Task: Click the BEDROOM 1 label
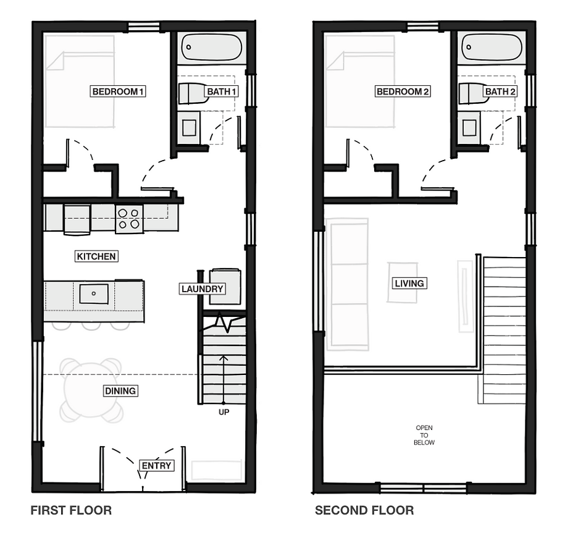[x=118, y=92]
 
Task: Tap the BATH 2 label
[x=500, y=92]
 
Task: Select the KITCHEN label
[x=97, y=256]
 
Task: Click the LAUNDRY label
[x=202, y=289]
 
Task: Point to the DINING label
[x=120, y=391]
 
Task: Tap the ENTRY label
[x=156, y=466]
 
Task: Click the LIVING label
[x=409, y=284]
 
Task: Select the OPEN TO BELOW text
[x=425, y=435]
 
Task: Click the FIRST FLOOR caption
[x=71, y=510]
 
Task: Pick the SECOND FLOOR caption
[x=364, y=510]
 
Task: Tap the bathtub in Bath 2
[x=493, y=48]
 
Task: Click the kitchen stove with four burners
[x=129, y=219]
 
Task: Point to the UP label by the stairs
[x=224, y=412]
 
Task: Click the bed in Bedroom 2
[x=359, y=80]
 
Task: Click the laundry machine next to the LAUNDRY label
[x=225, y=285]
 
